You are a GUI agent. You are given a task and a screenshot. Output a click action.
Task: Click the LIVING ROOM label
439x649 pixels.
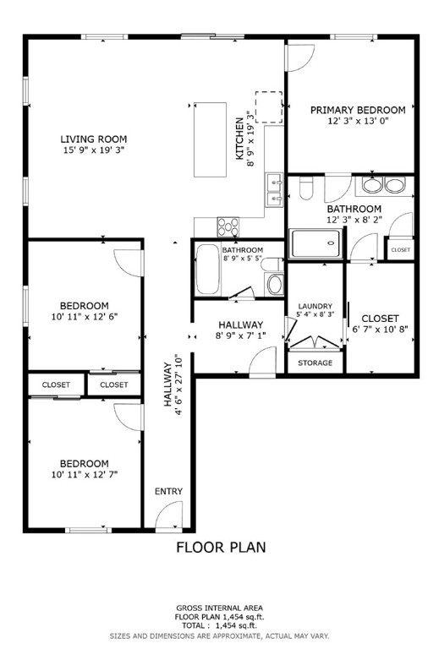(x=93, y=139)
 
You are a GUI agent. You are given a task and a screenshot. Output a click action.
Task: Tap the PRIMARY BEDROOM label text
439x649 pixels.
(x=357, y=110)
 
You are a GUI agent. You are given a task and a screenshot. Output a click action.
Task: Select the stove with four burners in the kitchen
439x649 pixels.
(x=228, y=226)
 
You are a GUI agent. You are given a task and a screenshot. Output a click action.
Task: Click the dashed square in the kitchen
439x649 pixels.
(x=268, y=107)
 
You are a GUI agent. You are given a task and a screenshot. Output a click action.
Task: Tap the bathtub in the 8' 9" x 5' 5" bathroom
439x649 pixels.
(x=209, y=270)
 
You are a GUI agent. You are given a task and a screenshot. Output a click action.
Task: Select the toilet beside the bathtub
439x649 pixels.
(x=274, y=283)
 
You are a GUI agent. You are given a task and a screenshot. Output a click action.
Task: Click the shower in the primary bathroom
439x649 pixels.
(x=318, y=244)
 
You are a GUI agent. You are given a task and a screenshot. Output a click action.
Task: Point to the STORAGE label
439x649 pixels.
(x=315, y=363)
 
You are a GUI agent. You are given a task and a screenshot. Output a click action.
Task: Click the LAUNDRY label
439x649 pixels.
(x=315, y=306)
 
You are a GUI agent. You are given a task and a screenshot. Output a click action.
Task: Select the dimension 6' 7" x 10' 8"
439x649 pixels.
(x=381, y=330)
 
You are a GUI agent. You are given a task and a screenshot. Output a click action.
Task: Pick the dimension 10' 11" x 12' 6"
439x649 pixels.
(x=84, y=318)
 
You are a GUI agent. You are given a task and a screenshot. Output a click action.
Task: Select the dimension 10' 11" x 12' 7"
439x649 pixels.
(x=84, y=475)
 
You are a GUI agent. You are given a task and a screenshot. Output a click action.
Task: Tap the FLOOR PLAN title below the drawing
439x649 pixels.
(x=220, y=547)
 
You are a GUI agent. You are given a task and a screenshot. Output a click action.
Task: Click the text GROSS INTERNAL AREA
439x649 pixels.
(x=219, y=608)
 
